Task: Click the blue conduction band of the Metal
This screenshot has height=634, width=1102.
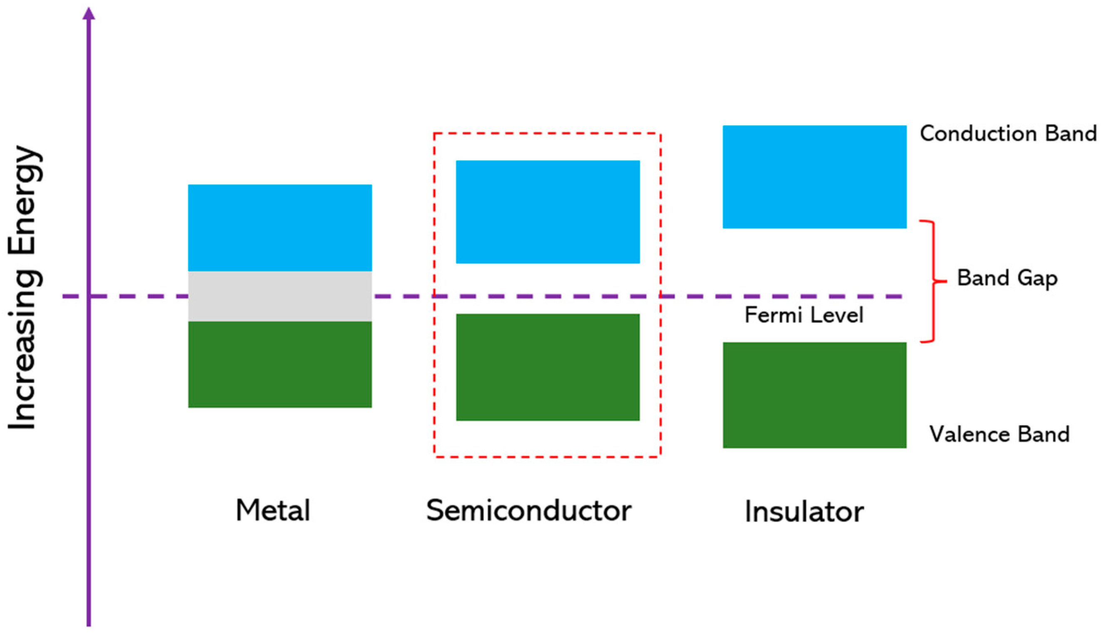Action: (x=280, y=227)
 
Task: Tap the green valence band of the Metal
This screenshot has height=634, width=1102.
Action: (x=280, y=364)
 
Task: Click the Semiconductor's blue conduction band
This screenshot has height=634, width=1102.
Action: (x=548, y=212)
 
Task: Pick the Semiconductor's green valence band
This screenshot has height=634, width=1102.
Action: (x=548, y=367)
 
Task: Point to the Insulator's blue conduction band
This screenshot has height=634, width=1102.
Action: (x=814, y=177)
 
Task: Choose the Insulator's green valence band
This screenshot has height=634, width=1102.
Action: (x=814, y=395)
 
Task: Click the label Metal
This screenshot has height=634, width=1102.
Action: (x=273, y=510)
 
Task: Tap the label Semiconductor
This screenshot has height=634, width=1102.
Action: (x=529, y=510)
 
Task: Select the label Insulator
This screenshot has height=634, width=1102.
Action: (x=804, y=512)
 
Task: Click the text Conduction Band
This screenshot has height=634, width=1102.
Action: (x=1008, y=133)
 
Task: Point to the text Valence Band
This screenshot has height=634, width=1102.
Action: (x=999, y=434)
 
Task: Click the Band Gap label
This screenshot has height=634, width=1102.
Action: (x=1007, y=278)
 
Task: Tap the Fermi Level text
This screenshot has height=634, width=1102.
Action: (x=803, y=315)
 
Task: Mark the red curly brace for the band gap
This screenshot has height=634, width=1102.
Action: (x=934, y=281)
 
